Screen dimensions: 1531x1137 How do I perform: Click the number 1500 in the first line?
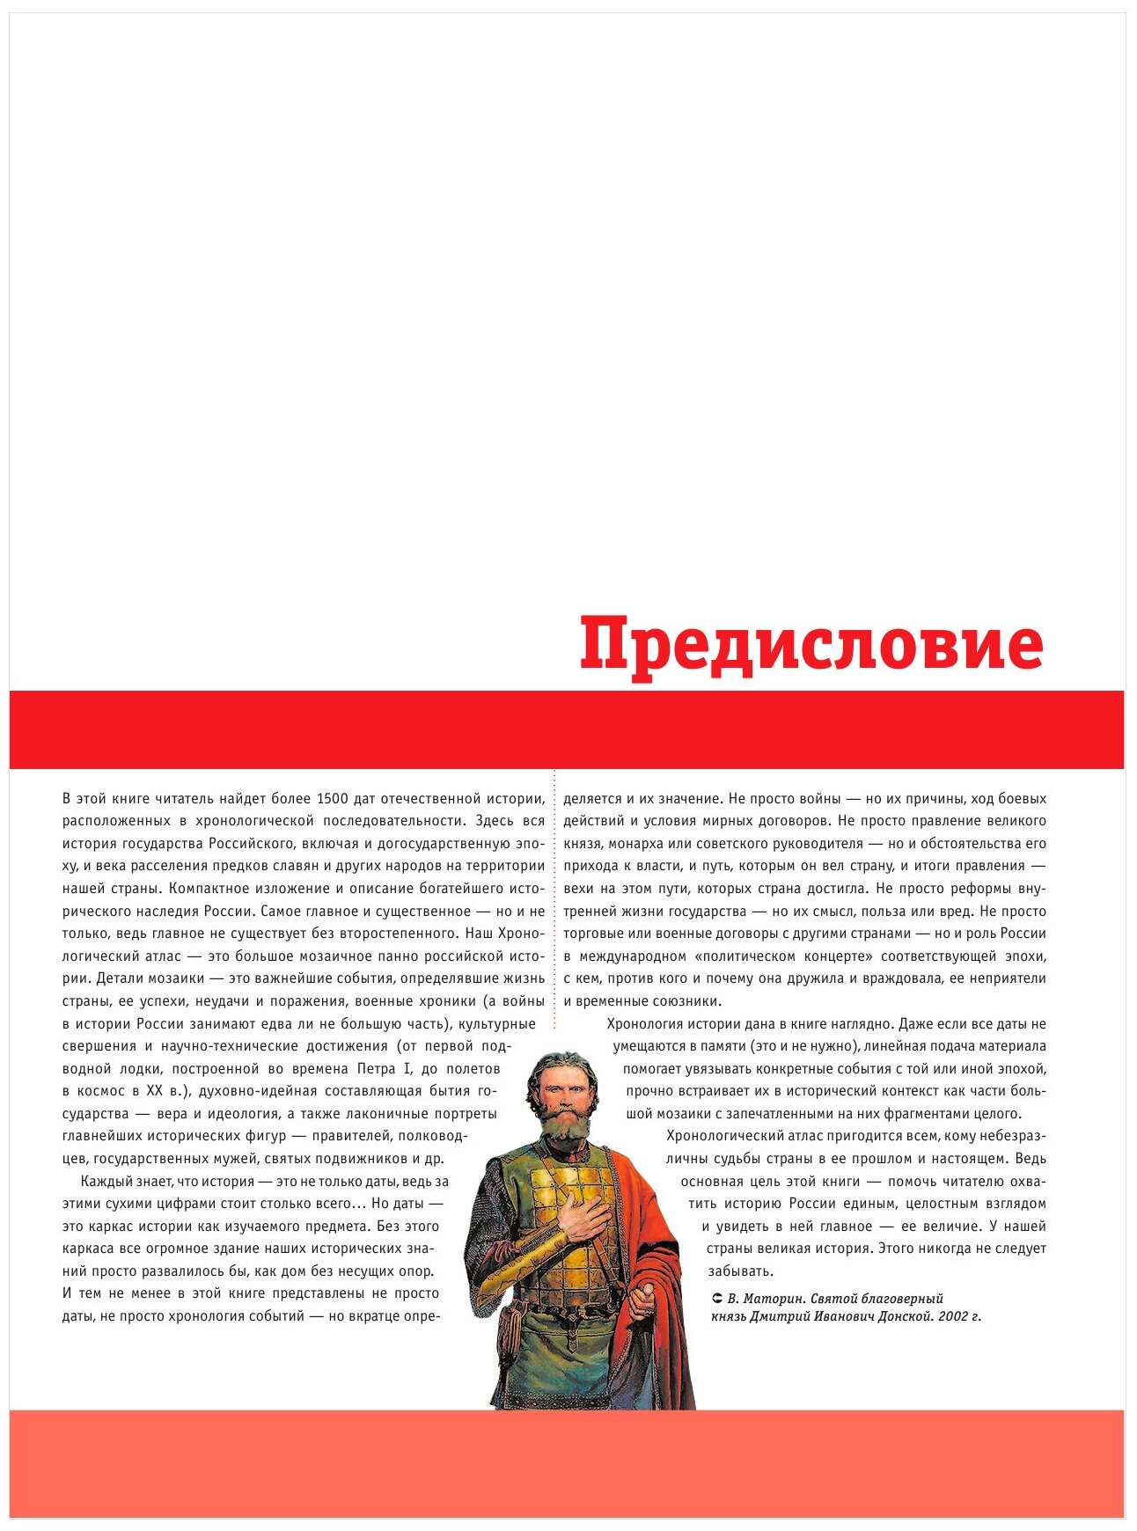coord(334,799)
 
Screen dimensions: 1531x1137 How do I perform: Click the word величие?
coord(946,1226)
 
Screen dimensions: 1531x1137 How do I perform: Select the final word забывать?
coord(740,1271)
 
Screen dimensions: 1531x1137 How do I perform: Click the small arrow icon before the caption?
coord(717,1299)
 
